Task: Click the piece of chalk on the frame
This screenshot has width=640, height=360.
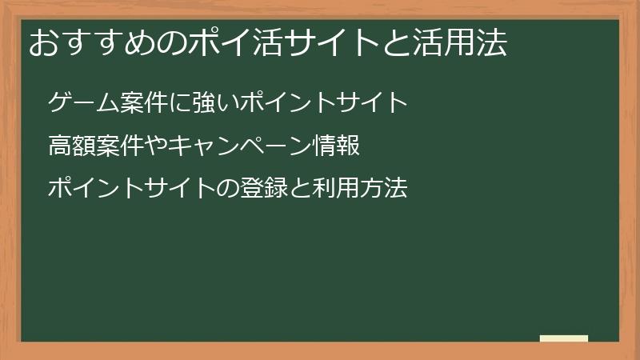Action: point(564,338)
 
